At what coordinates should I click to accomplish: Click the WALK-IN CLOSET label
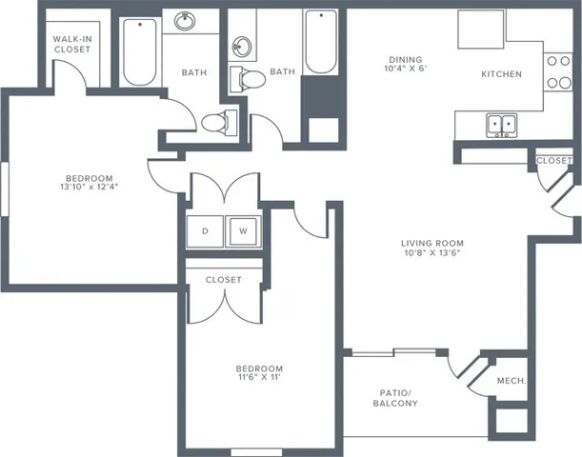71,43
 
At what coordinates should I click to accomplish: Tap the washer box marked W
242,230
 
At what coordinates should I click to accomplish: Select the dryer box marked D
205,230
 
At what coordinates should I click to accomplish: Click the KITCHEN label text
500,74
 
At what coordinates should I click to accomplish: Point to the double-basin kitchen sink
501,124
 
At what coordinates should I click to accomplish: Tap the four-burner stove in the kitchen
556,72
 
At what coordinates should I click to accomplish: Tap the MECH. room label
512,382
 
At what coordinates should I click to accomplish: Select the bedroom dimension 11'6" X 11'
259,379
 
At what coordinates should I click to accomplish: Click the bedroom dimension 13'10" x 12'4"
90,187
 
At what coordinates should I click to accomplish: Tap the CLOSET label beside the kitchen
553,160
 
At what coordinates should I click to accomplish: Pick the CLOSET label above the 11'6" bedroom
223,280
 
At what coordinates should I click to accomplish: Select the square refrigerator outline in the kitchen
481,30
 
